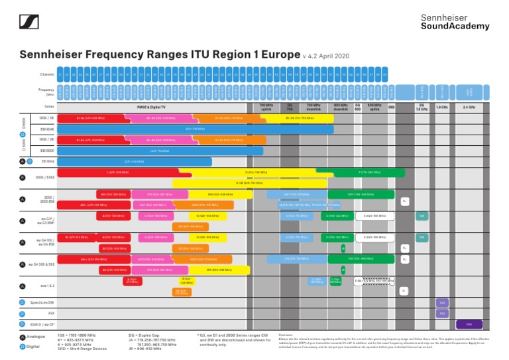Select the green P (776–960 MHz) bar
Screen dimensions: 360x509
368,172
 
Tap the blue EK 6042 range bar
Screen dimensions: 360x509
135,161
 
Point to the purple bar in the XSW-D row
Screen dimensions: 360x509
469,324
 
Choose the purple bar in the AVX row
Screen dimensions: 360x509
442,314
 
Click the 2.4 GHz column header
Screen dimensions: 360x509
469,106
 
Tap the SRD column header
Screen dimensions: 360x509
391,106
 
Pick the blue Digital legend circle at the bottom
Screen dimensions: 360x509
23,346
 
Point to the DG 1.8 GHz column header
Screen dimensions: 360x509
422,106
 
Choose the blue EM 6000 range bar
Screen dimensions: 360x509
159,150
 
